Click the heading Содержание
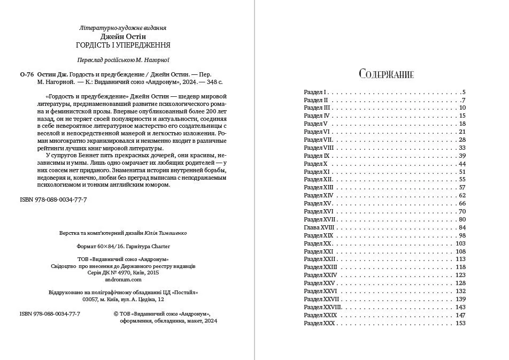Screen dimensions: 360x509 [387, 73]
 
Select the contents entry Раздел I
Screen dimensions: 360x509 [315, 92]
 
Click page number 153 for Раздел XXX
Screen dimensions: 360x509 [461, 323]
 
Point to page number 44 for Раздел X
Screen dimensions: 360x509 [462, 164]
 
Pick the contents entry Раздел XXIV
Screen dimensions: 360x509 [320, 275]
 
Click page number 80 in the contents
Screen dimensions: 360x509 [462, 219]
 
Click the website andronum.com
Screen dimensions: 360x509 [124, 279]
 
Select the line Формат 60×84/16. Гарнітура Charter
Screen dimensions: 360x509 [124, 247]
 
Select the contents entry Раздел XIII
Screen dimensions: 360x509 [318, 188]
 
